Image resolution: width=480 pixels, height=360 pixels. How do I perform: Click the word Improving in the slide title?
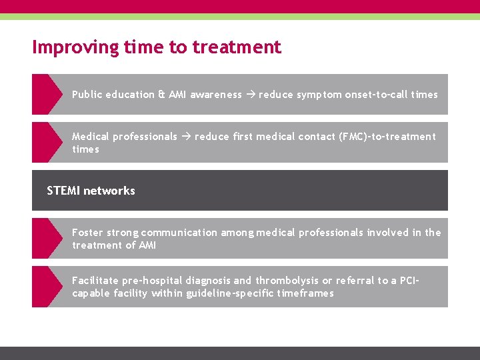point(68,47)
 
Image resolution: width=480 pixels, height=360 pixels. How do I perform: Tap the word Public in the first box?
point(85,95)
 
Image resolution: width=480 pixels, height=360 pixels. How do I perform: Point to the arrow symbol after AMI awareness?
point(250,95)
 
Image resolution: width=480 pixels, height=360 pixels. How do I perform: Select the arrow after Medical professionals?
point(186,137)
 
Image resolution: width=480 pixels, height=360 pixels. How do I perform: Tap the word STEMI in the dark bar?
point(63,191)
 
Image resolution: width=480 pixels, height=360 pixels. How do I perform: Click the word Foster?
point(87,233)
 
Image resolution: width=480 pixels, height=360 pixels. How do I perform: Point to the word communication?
point(179,233)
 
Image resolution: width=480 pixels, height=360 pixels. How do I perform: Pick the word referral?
point(355,281)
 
